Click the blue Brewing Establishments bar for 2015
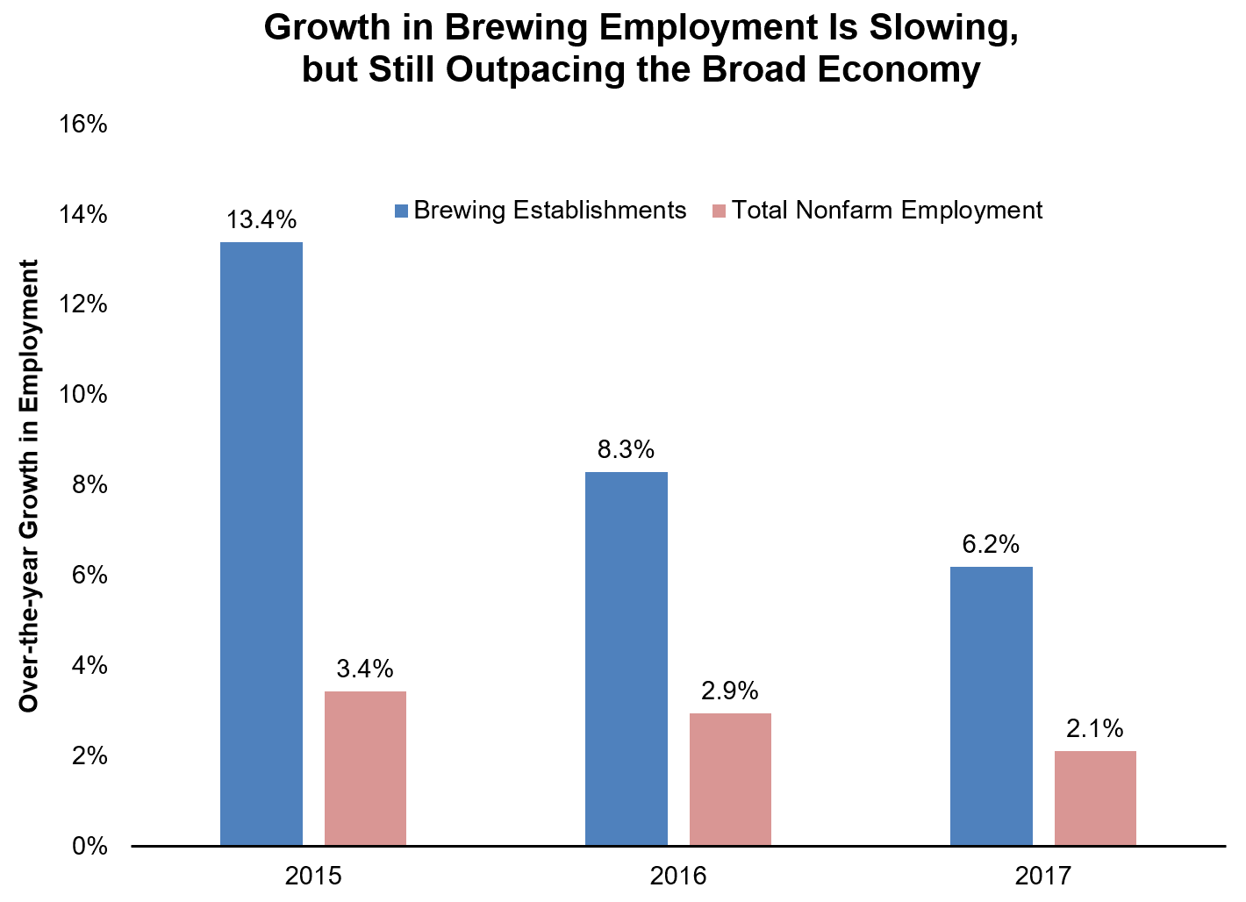[261, 544]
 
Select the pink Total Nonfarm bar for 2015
[365, 769]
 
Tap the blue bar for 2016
[626, 659]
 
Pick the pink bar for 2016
[730, 779]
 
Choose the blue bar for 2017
[991, 706]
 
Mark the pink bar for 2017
[1095, 798]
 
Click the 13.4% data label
[261, 219]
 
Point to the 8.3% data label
[626, 450]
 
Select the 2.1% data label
[1094, 728]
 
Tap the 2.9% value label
[729, 691]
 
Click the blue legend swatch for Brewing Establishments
[402, 211]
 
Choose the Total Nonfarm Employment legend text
[887, 211]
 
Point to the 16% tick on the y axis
[83, 124]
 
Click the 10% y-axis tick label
[83, 395]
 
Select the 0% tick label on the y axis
[90, 847]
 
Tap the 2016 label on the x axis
[677, 876]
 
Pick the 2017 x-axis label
[1042, 876]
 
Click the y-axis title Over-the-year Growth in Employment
[30, 485]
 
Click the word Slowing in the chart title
[942, 27]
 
